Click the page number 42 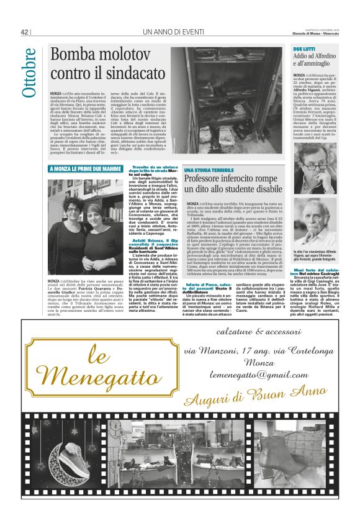pos(25,32)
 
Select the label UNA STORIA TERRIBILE pos(209,170)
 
